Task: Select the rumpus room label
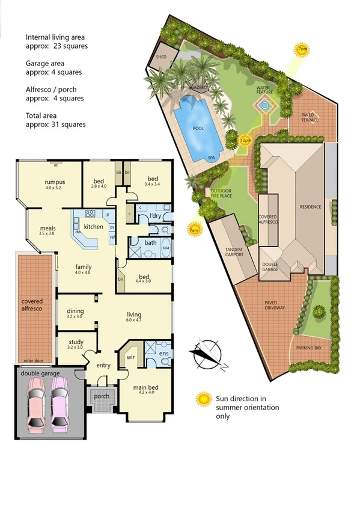click(x=54, y=182)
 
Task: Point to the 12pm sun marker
click(x=245, y=140)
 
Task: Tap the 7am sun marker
click(x=194, y=229)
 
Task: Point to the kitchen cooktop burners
click(x=91, y=214)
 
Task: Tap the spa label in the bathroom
click(x=165, y=248)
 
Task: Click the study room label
click(x=76, y=342)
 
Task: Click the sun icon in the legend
click(x=205, y=398)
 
